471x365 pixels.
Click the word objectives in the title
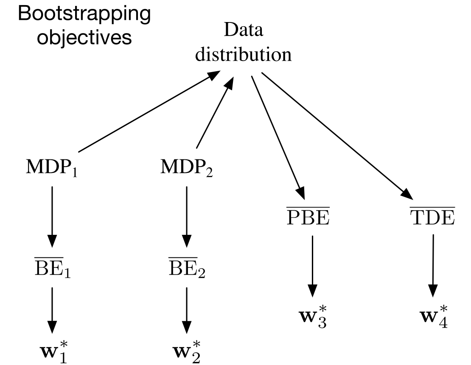tap(84, 38)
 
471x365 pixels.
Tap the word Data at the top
tap(244, 31)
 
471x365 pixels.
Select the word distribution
tap(244, 55)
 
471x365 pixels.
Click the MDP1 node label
tap(52, 169)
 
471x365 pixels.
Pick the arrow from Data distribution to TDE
tap(337, 136)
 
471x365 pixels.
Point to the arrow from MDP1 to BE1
tap(52, 216)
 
